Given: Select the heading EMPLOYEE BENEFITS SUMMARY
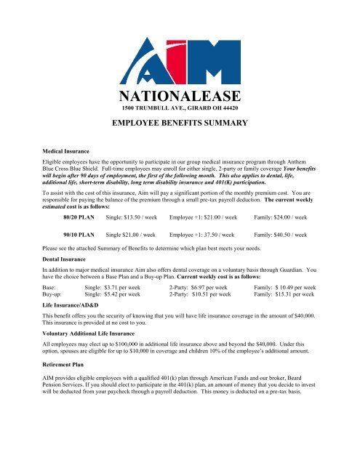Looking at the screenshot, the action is (180, 125).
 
